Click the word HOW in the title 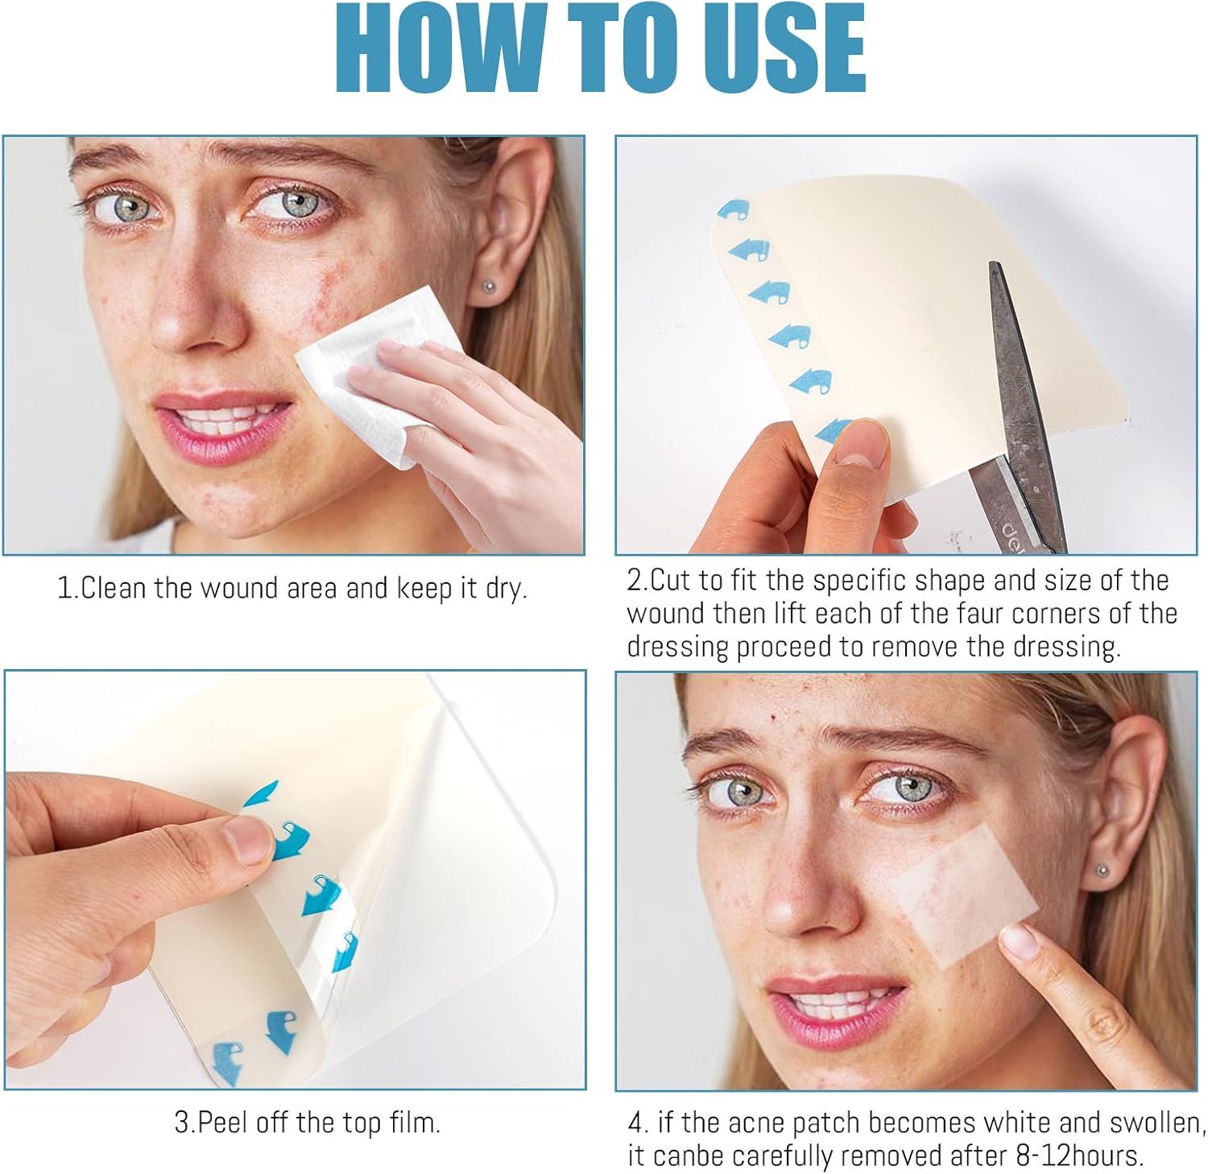[x=442, y=51]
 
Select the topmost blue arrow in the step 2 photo [x=734, y=211]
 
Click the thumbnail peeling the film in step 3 [x=246, y=837]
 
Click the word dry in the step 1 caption [x=505, y=589]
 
